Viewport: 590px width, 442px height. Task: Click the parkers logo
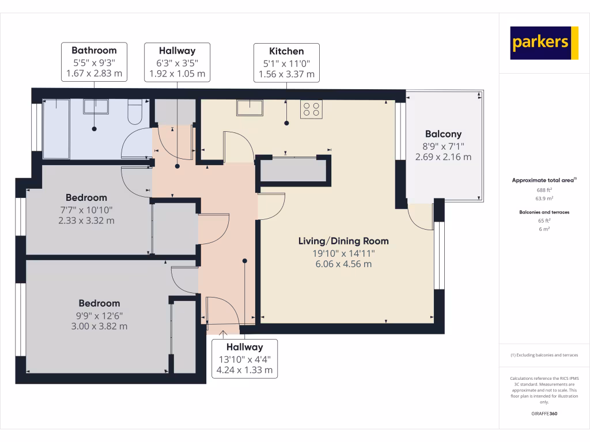(544, 43)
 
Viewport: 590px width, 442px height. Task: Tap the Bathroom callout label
(94, 62)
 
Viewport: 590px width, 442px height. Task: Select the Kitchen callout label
(286, 62)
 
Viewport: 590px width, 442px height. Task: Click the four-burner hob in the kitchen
(311, 109)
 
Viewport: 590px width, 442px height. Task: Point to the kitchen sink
(249, 108)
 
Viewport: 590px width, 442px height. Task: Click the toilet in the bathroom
(135, 112)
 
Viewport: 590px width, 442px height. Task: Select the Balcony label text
(444, 134)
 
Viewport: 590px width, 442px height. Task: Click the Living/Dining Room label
(343, 241)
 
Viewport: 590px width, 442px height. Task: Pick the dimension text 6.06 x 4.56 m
(343, 264)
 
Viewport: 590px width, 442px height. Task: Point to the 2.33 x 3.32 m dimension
(86, 220)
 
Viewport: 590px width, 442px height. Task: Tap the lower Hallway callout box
(244, 359)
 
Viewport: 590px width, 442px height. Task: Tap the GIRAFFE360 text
(544, 413)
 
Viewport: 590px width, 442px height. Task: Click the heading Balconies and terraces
(544, 212)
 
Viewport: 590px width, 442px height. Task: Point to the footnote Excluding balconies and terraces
(544, 355)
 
